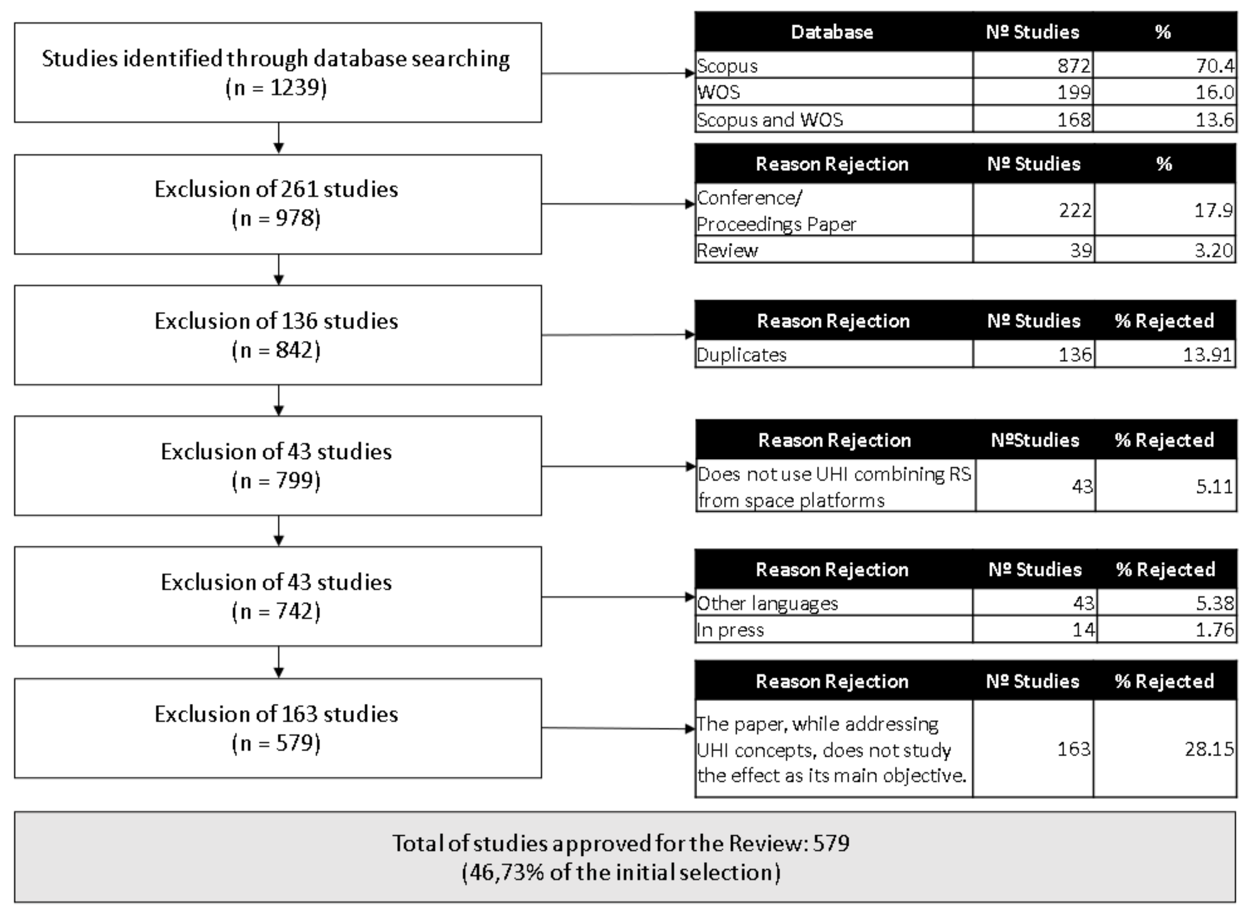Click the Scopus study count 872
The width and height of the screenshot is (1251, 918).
pyautogui.click(x=1074, y=66)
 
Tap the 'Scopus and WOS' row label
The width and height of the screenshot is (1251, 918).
pyautogui.click(x=770, y=119)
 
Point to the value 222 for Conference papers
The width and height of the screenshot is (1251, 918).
pyautogui.click(x=1075, y=210)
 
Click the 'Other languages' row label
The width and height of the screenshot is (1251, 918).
pyautogui.click(x=767, y=603)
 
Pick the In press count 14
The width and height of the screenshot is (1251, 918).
pyautogui.click(x=1084, y=629)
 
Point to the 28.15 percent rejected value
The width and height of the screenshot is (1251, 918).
pyautogui.click(x=1209, y=748)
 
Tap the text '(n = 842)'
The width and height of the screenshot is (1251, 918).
pyautogui.click(x=277, y=350)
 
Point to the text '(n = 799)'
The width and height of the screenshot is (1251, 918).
pyautogui.click(x=277, y=481)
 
